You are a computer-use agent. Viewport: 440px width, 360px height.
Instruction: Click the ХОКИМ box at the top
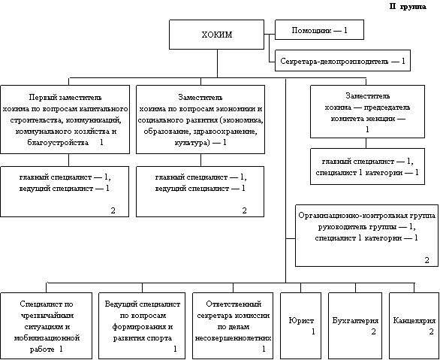click(216, 35)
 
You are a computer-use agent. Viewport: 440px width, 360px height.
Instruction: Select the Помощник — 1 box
click(319, 29)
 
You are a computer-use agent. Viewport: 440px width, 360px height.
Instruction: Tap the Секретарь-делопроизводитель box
click(342, 61)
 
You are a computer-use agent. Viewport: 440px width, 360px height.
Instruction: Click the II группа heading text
click(408, 7)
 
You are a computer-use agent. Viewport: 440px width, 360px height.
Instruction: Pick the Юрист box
click(301, 325)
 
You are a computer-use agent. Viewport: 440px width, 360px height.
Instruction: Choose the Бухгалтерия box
click(355, 325)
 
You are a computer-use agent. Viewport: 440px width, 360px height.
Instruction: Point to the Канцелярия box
click(414, 325)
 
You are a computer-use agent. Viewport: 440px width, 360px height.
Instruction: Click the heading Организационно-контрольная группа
click(366, 216)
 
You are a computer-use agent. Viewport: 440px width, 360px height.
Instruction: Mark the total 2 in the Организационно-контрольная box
click(426, 260)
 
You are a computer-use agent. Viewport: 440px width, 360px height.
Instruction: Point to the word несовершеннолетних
click(233, 338)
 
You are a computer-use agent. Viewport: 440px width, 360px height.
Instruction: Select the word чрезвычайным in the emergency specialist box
click(47, 316)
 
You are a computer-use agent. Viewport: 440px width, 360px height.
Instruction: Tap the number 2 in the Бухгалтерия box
click(373, 331)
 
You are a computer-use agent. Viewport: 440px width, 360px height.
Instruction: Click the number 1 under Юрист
click(313, 331)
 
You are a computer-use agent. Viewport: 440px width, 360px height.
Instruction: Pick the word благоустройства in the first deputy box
click(58, 143)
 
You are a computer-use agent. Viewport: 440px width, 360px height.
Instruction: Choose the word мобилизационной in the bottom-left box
click(47, 337)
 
